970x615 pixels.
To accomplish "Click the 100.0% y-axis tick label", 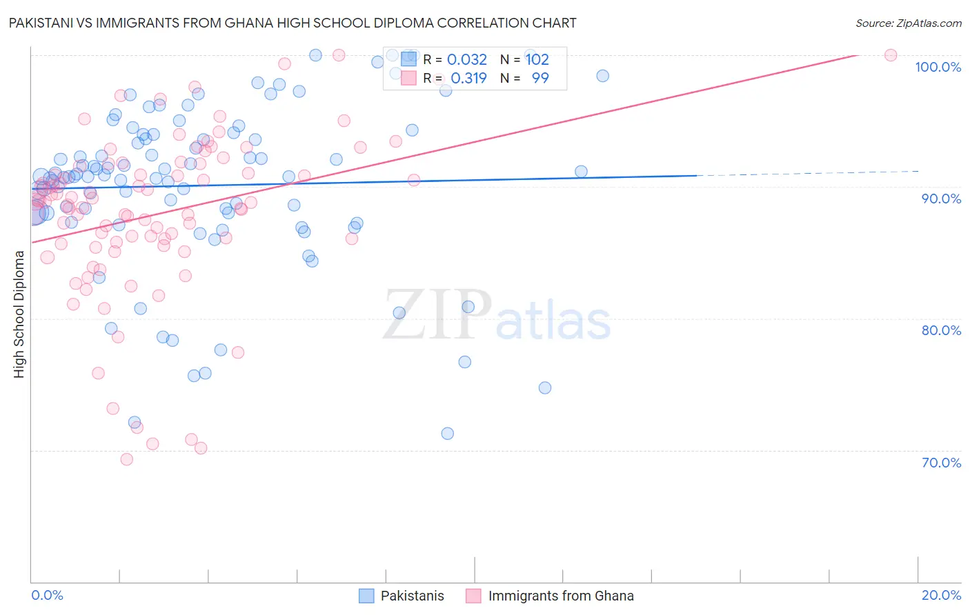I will point(938,67).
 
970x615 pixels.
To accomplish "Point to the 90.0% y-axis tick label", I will point(941,199).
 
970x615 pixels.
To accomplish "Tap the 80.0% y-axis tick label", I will point(941,330).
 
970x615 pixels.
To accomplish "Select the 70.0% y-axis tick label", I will point(941,463).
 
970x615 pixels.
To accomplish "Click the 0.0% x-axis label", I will point(47,595).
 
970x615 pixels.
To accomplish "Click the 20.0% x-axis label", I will point(941,595).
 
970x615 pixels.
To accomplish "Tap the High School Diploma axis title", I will point(19,314).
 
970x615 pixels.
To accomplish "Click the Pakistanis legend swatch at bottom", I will point(366,596).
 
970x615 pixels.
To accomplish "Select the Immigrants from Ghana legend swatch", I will point(473,596).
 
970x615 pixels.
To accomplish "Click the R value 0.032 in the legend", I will point(467,60).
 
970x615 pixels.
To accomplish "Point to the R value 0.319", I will point(468,79).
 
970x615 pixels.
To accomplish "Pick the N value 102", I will point(537,60).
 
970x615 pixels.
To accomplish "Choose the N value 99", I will point(540,79).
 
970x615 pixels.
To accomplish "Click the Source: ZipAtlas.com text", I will point(908,23).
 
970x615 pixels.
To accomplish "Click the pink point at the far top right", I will point(891,55).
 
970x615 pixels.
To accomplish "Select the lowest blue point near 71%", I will point(448,434).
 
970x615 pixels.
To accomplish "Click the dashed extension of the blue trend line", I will point(807,173).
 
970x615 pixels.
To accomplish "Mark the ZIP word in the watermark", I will point(437,315).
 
